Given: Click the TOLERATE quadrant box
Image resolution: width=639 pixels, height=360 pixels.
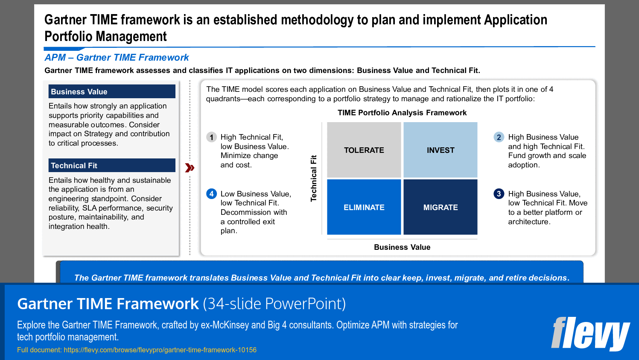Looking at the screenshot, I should pyautogui.click(x=364, y=150).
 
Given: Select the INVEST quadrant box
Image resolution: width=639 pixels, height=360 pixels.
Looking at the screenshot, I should pyautogui.click(x=440, y=150).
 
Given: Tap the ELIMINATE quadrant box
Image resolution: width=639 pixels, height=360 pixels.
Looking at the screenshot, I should pyautogui.click(x=364, y=207).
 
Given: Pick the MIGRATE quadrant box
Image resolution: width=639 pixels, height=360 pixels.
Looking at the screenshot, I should pyautogui.click(x=440, y=207).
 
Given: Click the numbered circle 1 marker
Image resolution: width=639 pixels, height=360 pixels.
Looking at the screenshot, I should pyautogui.click(x=211, y=137).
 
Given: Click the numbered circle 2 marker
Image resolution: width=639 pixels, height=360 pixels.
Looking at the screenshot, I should pyautogui.click(x=499, y=137).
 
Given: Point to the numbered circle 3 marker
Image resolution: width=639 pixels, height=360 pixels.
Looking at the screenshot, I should pyautogui.click(x=499, y=194).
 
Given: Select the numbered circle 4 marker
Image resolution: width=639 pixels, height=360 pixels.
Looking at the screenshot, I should pyautogui.click(x=211, y=194).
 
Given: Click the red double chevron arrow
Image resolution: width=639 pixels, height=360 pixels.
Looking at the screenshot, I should pyautogui.click(x=190, y=168).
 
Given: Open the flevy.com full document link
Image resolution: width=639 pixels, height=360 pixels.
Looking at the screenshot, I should pyautogui.click(x=160, y=350).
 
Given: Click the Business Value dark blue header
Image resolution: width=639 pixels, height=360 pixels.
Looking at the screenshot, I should pyautogui.click(x=112, y=91).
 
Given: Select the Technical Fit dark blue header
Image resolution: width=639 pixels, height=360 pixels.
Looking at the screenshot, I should pyautogui.click(x=112, y=165).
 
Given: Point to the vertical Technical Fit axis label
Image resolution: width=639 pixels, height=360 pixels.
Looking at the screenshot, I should pyautogui.click(x=314, y=178).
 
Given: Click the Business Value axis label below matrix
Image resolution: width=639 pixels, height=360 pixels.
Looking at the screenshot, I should pyautogui.click(x=402, y=247).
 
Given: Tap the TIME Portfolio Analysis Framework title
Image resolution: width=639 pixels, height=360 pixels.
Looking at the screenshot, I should pyautogui.click(x=402, y=113).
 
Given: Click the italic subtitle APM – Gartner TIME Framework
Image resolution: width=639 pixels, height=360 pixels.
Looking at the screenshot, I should pyautogui.click(x=117, y=58).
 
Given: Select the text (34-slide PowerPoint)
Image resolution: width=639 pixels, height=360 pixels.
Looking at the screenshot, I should pyautogui.click(x=274, y=304).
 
